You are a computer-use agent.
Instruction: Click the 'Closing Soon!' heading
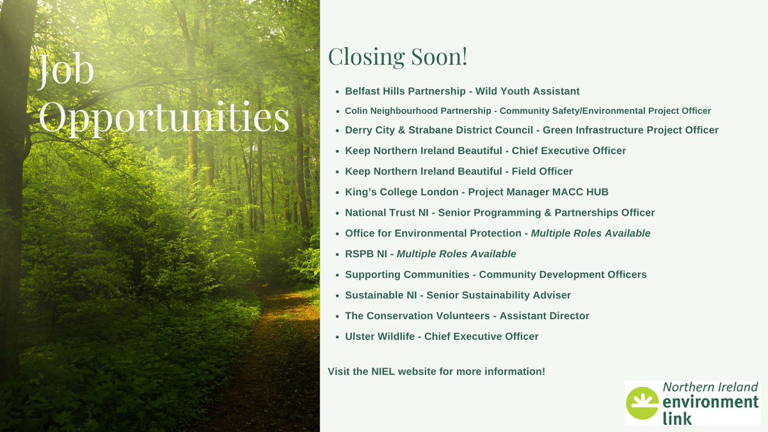[397, 56]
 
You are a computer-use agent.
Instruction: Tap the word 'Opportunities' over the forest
[164, 117]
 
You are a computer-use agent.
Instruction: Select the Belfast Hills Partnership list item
[462, 92]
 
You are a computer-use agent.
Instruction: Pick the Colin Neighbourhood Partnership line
[527, 111]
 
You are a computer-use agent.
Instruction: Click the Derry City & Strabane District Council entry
[531, 130]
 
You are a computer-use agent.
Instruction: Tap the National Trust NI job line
[499, 212]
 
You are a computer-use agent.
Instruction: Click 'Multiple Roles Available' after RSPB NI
[456, 254]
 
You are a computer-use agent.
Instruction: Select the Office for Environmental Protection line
[497, 233]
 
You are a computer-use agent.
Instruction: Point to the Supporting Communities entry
[495, 275]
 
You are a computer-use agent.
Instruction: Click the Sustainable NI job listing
[458, 295]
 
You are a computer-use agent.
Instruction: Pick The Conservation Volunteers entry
[467, 316]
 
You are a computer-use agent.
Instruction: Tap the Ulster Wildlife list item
[442, 336]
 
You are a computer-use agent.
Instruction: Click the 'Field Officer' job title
[543, 172]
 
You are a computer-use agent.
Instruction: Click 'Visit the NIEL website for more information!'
[436, 371]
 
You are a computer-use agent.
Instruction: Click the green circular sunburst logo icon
[641, 403]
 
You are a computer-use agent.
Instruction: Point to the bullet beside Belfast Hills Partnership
[337, 92]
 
